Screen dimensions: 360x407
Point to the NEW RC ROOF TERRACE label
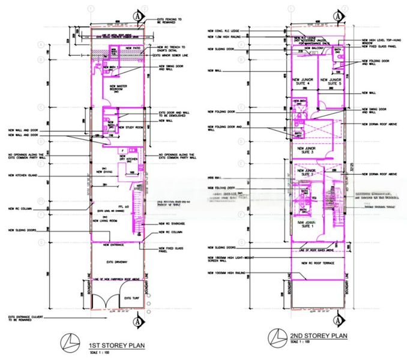pyautogui.click(x=316, y=263)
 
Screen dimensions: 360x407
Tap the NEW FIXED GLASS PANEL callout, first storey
pyautogui.click(x=170, y=249)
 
